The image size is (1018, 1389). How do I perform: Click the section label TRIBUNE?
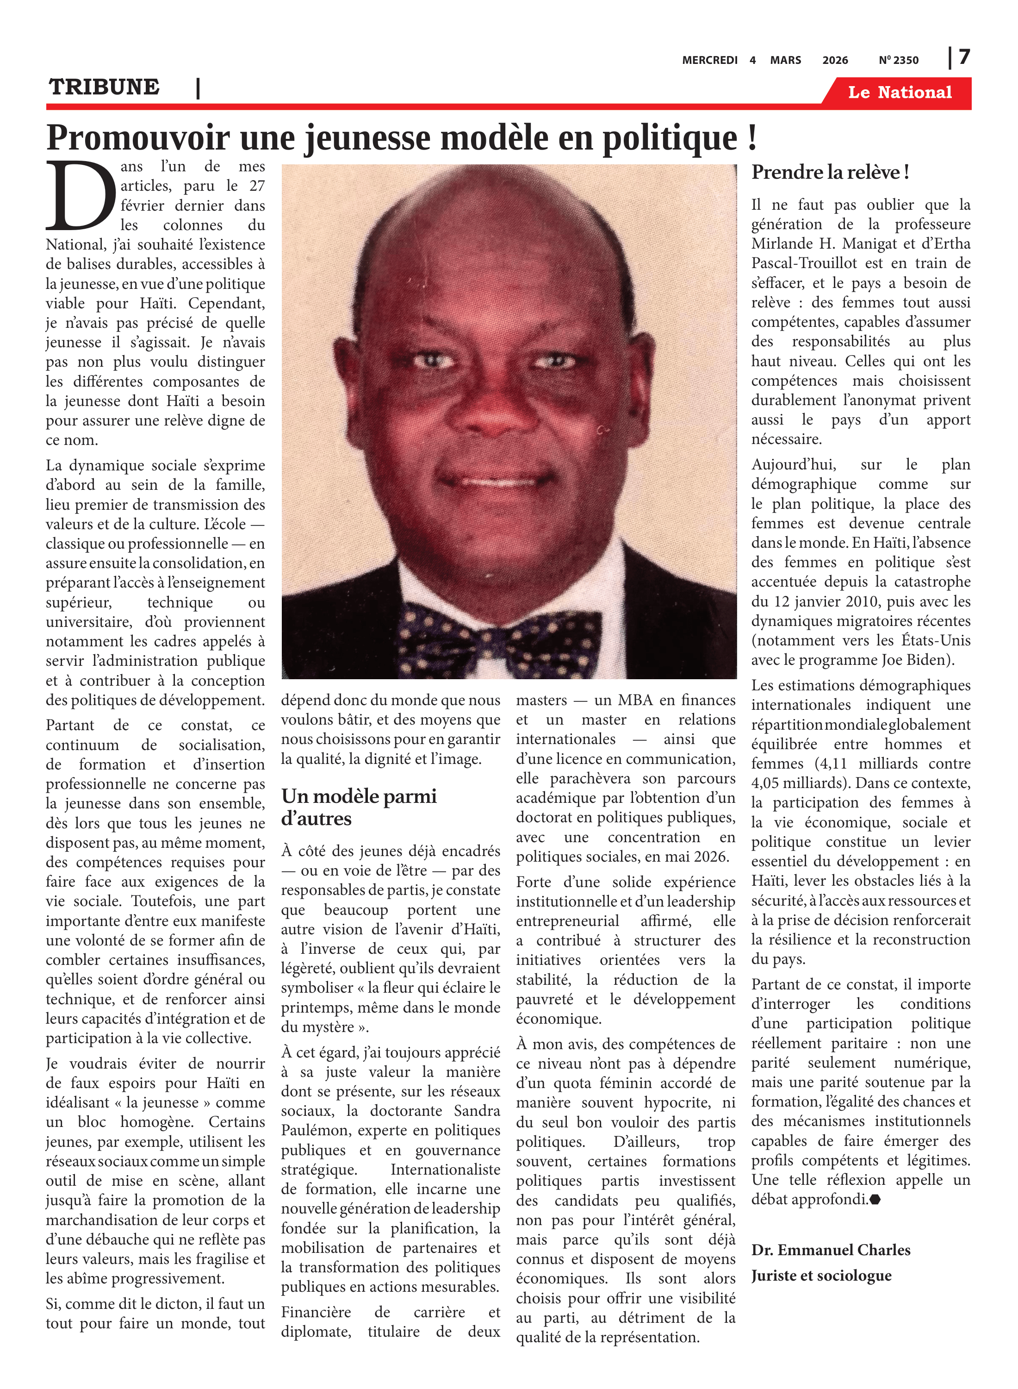(x=104, y=87)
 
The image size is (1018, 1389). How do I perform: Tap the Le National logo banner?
(x=899, y=93)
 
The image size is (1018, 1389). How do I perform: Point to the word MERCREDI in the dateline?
(x=709, y=60)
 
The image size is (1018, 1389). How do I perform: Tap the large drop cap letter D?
(x=80, y=195)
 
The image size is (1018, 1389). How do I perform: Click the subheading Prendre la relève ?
(x=829, y=173)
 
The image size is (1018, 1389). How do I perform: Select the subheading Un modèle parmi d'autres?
(x=359, y=807)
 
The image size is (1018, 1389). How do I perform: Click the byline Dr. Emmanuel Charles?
(x=831, y=1250)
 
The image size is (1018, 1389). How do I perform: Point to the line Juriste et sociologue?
(x=821, y=1276)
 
